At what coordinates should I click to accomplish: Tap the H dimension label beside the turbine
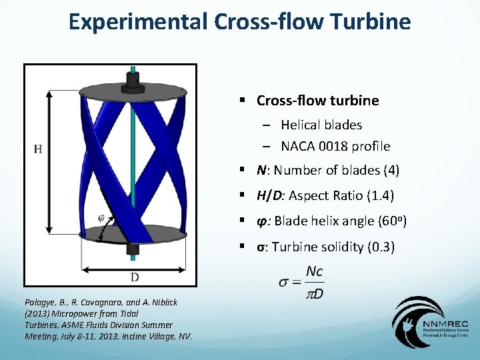coord(38,149)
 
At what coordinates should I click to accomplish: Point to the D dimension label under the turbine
coord(135,277)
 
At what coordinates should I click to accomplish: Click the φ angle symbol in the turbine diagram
coord(101,217)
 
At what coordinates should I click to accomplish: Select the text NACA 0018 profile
coord(335,146)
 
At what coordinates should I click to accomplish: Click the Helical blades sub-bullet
coord(321,125)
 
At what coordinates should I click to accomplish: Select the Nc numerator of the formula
coord(315,271)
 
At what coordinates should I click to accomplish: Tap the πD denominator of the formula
coord(315,293)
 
